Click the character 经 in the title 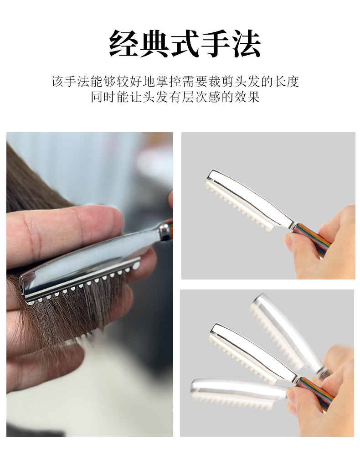124,43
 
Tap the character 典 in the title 154,43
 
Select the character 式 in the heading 185,43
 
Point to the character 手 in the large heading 215,43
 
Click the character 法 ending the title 246,43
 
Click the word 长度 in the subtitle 286,82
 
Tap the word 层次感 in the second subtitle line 201,97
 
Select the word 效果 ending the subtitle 247,97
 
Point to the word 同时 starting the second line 103,97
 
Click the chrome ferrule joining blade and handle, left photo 165,232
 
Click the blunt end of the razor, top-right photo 213,176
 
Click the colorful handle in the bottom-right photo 314,392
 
